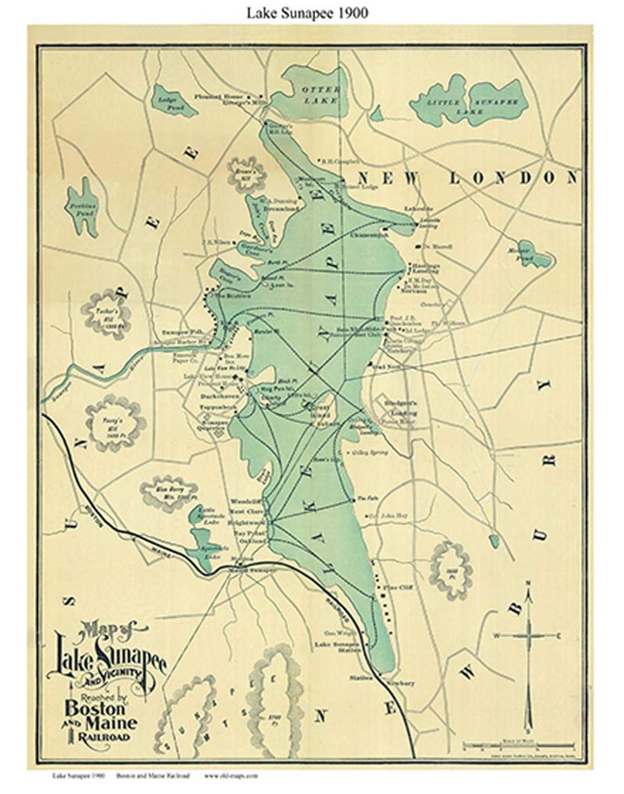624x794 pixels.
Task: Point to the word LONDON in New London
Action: pyautogui.click(x=514, y=177)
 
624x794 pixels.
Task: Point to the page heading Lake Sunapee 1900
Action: pyautogui.click(x=307, y=13)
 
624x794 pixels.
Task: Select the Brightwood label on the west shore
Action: pyautogui.click(x=247, y=521)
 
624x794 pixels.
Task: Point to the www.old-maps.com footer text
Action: pyautogui.click(x=231, y=776)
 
